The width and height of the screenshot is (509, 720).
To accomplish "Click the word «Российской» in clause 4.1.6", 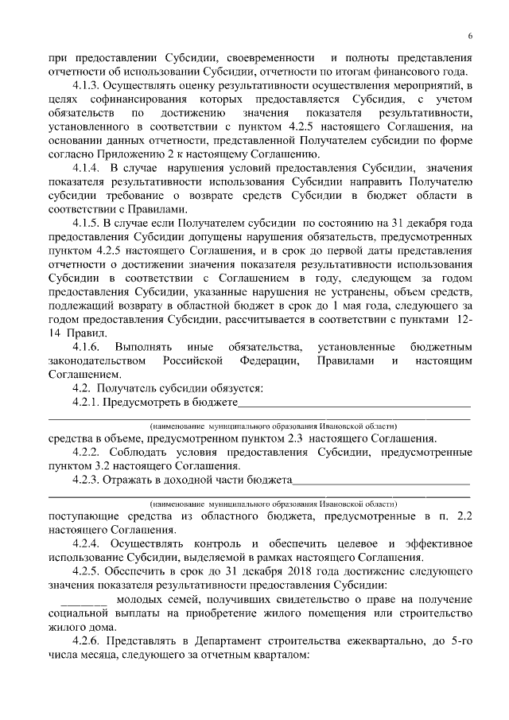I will tap(197, 361).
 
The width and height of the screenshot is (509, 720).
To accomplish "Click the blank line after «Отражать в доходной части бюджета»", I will tap(381, 481).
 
